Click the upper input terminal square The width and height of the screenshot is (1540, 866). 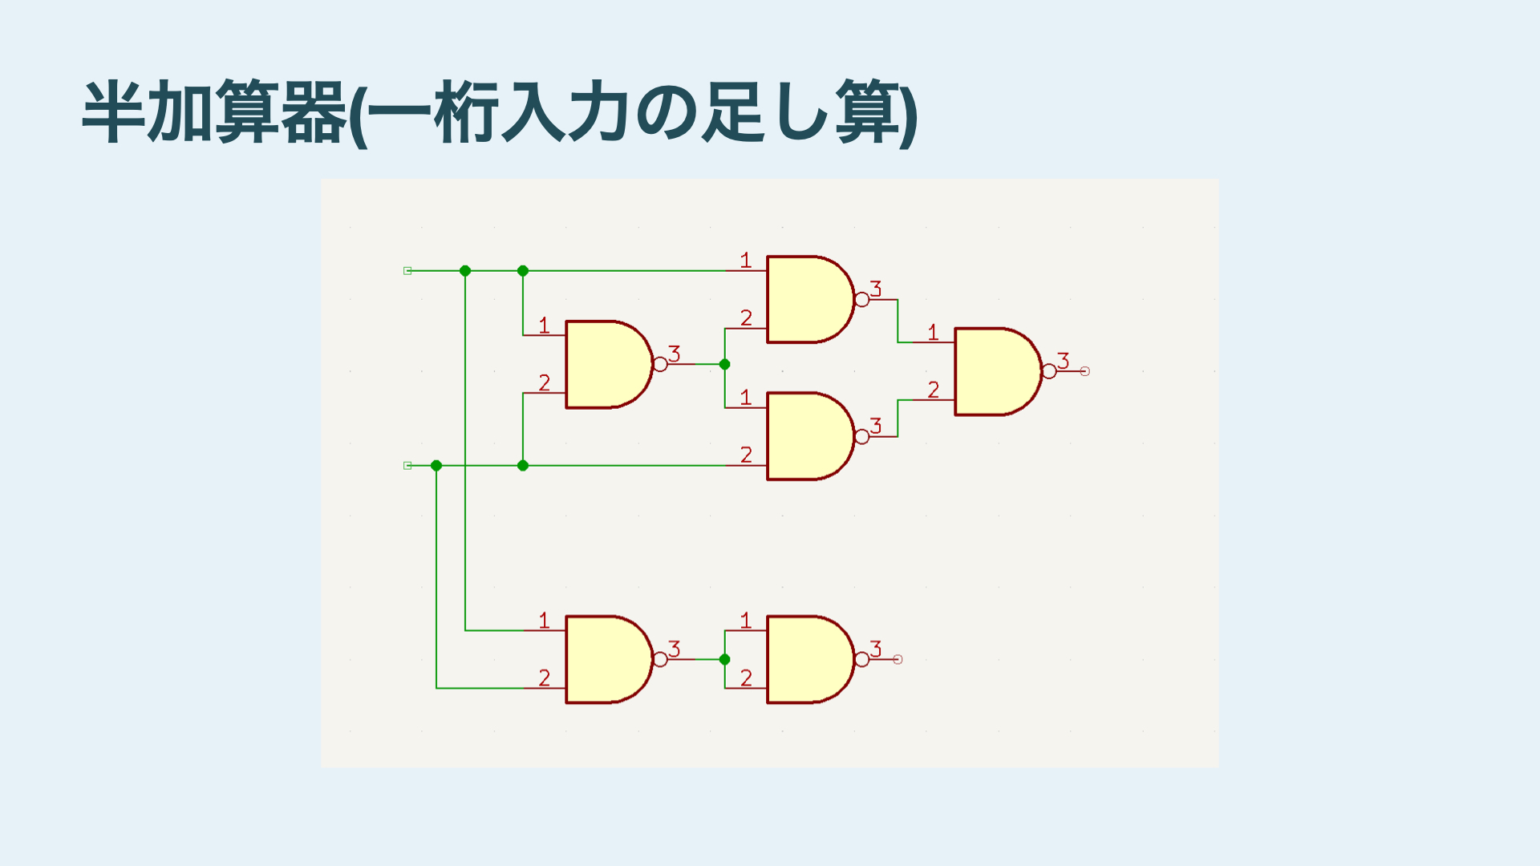tap(407, 271)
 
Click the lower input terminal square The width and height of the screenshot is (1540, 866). tap(407, 465)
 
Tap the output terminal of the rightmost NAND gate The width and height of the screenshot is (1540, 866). tap(1084, 371)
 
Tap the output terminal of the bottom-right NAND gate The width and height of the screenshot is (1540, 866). tap(898, 659)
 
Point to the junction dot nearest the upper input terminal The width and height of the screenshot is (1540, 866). tap(465, 271)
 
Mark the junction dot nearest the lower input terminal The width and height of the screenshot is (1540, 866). tap(436, 465)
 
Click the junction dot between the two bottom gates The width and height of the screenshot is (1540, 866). tap(724, 659)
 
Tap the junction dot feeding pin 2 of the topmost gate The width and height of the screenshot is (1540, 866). tap(724, 364)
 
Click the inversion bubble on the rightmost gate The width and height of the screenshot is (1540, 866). tap(1049, 371)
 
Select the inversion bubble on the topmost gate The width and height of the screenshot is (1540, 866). tap(861, 300)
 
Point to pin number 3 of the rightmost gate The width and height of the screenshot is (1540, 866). tap(1064, 361)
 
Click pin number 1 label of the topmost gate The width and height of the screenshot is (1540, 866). tap(746, 260)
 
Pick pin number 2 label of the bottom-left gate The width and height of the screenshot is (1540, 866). tap(545, 678)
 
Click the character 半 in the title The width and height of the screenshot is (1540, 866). tap(114, 112)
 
